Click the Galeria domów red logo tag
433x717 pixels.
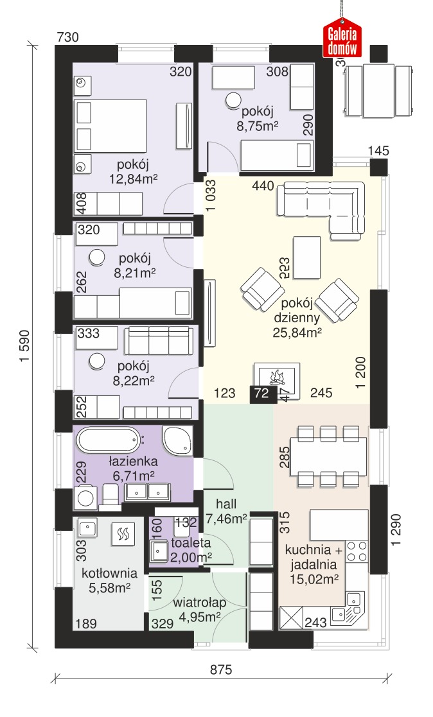pyautogui.click(x=342, y=39)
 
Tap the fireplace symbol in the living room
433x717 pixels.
pyautogui.click(x=278, y=379)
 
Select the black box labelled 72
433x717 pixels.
pyautogui.click(x=263, y=393)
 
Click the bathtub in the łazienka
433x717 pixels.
pyautogui.click(x=108, y=440)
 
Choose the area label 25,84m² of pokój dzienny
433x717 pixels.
pyautogui.click(x=297, y=333)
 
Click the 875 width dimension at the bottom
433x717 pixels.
pyautogui.click(x=221, y=669)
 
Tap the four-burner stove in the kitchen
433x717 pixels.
pyautogui.click(x=357, y=551)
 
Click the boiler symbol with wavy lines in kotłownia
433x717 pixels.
pyautogui.click(x=123, y=533)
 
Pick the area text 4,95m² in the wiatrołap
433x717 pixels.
pyautogui.click(x=200, y=617)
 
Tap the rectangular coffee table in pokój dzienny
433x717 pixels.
pyautogui.click(x=306, y=257)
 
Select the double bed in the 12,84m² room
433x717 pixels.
pyautogui.click(x=110, y=126)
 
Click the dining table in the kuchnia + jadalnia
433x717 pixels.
pyautogui.click(x=328, y=457)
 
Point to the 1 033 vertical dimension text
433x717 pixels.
pyautogui.click(x=211, y=195)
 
